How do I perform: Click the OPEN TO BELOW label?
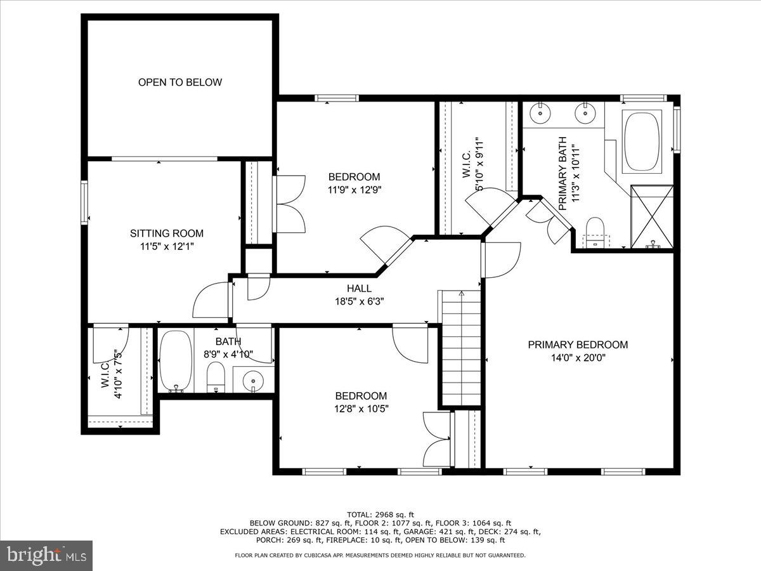(x=180, y=82)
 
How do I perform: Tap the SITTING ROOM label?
(x=167, y=233)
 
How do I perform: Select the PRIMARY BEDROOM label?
(x=578, y=345)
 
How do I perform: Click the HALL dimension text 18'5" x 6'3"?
(x=359, y=301)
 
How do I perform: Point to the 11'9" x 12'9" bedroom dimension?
(x=354, y=189)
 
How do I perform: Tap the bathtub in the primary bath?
(x=642, y=141)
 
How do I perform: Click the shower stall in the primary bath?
(x=651, y=216)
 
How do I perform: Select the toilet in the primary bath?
(x=595, y=232)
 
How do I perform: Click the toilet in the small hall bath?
(x=216, y=377)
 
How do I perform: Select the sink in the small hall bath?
(x=253, y=379)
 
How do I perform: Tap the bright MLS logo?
(x=46, y=556)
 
